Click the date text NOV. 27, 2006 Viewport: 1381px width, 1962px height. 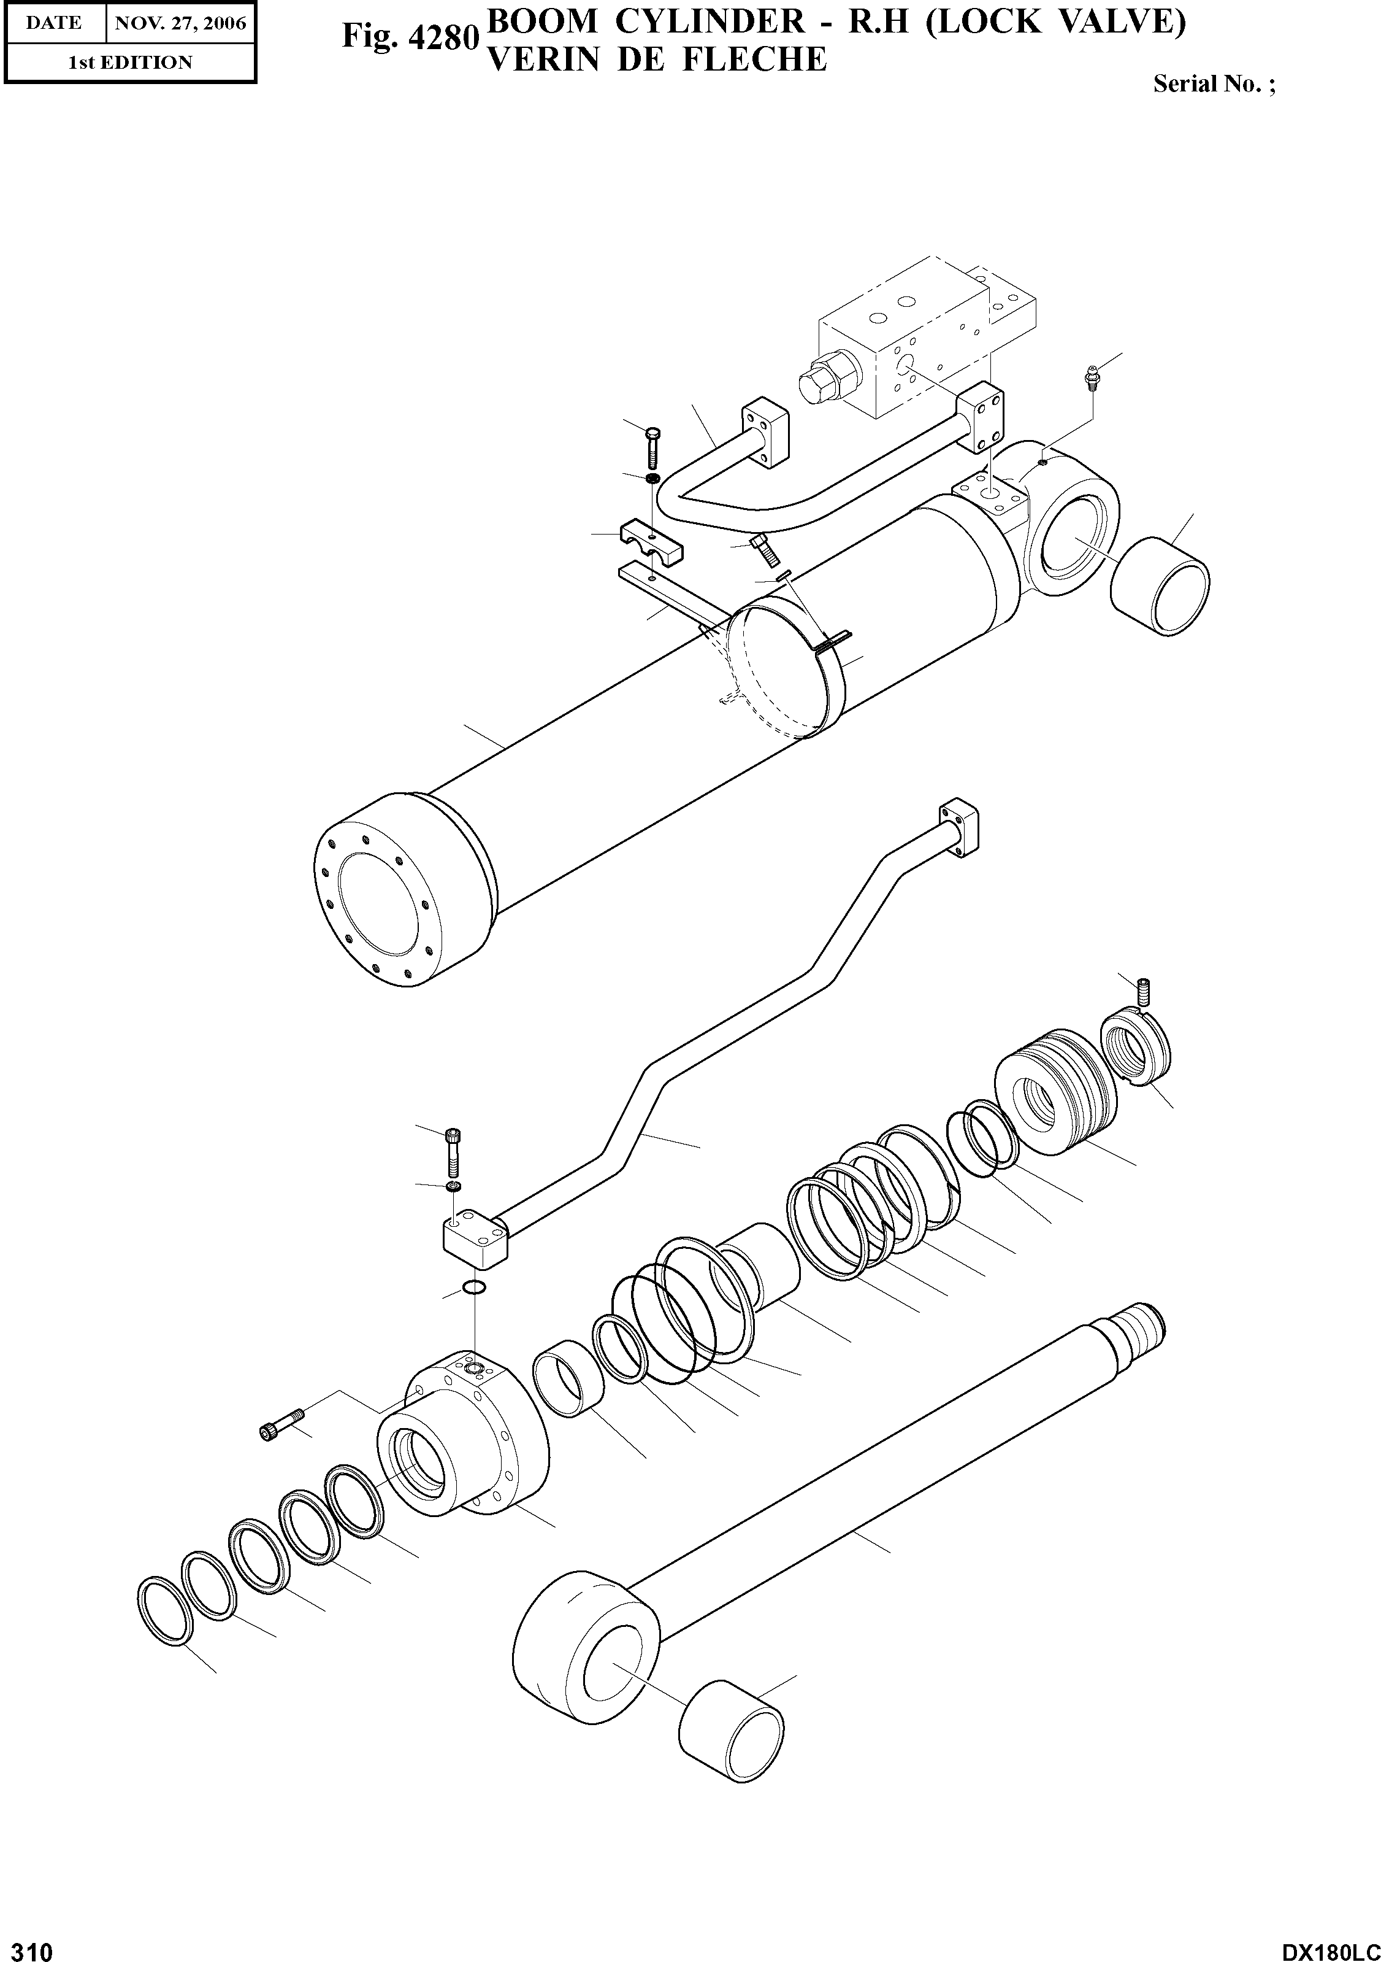click(x=180, y=23)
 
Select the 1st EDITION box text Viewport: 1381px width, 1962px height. click(x=130, y=63)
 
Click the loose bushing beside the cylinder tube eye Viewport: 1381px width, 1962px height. click(x=1160, y=585)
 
